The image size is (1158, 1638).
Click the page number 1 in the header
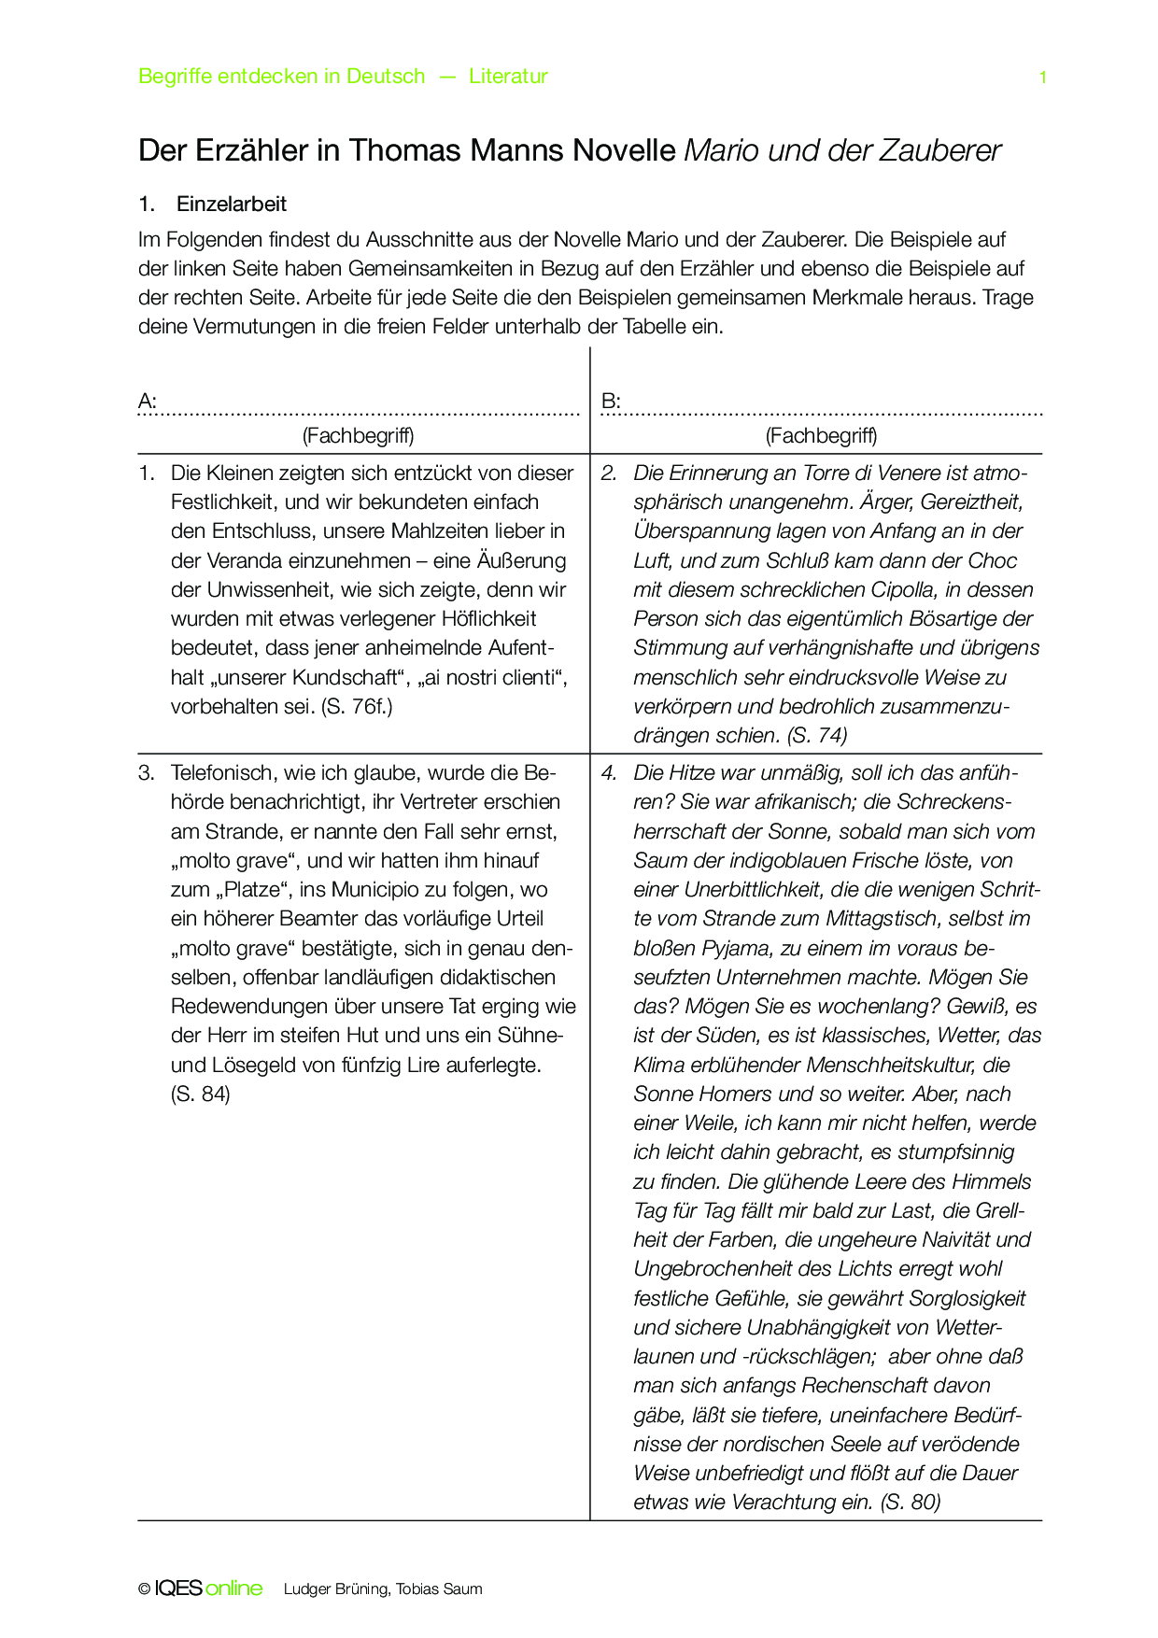(x=1042, y=78)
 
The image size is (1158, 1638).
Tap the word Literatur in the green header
(x=508, y=77)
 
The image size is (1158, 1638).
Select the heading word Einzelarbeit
(x=232, y=205)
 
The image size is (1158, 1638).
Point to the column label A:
(x=148, y=402)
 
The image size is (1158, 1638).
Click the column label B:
(x=611, y=402)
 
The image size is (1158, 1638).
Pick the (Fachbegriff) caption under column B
(x=821, y=435)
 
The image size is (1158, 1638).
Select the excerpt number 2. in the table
(x=609, y=473)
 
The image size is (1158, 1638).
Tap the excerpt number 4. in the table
(x=609, y=773)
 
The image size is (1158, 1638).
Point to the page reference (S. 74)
(x=817, y=736)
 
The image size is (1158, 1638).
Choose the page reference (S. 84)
(x=200, y=1094)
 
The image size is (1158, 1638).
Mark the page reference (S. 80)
(x=910, y=1503)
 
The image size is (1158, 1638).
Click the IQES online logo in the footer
(x=207, y=1589)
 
